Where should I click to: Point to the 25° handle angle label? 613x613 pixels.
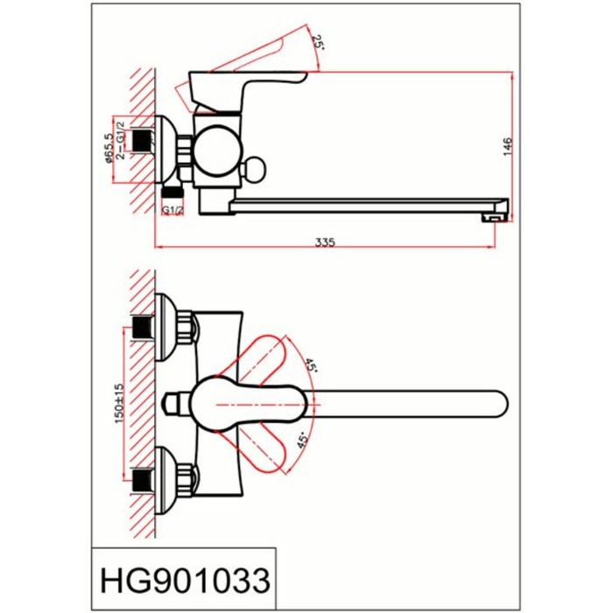pyautogui.click(x=317, y=41)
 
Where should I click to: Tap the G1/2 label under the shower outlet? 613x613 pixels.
pyautogui.click(x=172, y=210)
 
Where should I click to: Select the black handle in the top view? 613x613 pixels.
pyautogui.click(x=228, y=404)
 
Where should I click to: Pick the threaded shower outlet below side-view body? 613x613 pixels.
pyautogui.click(x=172, y=192)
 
